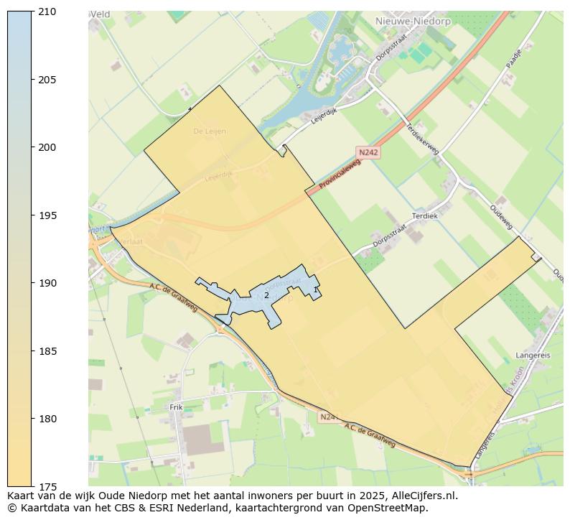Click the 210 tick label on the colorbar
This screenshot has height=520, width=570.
click(x=48, y=11)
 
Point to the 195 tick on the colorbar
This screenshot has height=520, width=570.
click(x=48, y=215)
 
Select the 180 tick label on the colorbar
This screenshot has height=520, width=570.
click(x=48, y=419)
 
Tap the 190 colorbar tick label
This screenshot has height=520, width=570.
click(x=48, y=283)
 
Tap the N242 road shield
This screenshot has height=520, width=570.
click(x=368, y=152)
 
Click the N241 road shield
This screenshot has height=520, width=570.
click(x=328, y=417)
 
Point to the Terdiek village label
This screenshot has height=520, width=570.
click(x=424, y=215)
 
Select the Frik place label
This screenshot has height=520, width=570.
click(x=176, y=407)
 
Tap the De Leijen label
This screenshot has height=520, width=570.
click(x=210, y=131)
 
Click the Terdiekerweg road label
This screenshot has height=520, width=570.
click(x=422, y=134)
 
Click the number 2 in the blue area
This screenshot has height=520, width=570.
click(x=266, y=295)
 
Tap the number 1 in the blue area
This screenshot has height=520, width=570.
click(x=315, y=289)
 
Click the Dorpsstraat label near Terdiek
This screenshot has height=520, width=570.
click(x=390, y=236)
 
